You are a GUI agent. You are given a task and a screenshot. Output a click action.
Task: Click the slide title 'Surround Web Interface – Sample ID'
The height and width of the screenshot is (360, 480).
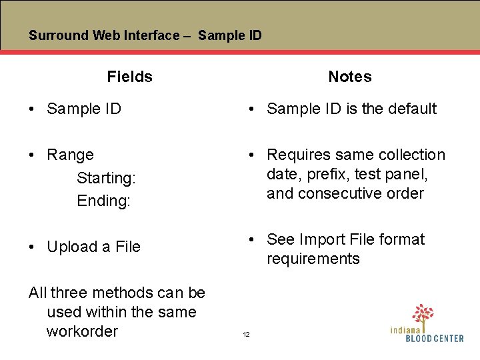point(145,35)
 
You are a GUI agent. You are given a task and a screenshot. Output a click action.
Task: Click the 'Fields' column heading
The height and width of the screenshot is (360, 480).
point(129,77)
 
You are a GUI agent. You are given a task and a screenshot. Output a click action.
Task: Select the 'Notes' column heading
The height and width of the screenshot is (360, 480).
point(349,77)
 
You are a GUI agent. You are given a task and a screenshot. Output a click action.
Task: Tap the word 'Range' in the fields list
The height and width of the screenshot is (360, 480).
point(70,155)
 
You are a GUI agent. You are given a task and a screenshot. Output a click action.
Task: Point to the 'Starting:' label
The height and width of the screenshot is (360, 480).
point(106,178)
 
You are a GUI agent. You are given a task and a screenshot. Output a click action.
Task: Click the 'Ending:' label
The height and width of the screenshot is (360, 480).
point(103,201)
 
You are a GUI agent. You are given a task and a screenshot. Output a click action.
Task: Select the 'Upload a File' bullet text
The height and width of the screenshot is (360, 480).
point(93,247)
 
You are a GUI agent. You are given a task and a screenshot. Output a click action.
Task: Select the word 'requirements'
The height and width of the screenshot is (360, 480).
point(313,259)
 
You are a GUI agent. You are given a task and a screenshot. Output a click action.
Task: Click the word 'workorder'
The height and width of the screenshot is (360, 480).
point(82,331)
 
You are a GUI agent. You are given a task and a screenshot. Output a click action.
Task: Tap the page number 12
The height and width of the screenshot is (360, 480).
point(246,334)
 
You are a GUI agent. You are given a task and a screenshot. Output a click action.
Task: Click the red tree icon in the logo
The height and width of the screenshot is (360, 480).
point(422,313)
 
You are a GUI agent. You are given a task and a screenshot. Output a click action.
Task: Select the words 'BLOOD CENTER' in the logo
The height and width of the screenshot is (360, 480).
point(435,339)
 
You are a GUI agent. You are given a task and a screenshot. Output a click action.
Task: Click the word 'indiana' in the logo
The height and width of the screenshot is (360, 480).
point(405,329)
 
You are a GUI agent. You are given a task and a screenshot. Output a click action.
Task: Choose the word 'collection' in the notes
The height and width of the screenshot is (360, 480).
point(408,155)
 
